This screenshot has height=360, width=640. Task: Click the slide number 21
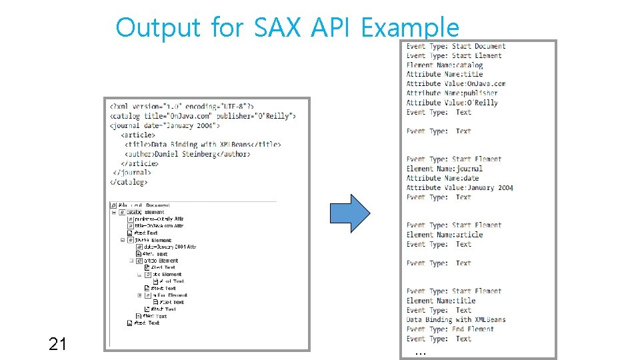click(x=57, y=344)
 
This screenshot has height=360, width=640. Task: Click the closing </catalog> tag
click(x=129, y=181)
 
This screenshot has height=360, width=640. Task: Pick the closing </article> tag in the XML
click(x=140, y=163)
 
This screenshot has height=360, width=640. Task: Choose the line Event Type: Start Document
click(x=456, y=47)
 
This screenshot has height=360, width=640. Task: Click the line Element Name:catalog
click(x=445, y=65)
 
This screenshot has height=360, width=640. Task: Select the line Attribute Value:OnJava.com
click(x=456, y=84)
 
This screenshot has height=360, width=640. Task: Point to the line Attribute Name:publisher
click(x=452, y=93)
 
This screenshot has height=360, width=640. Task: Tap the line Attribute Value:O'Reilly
click(x=452, y=103)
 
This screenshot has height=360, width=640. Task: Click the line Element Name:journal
click(x=445, y=169)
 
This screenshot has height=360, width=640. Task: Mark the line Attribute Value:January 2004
click(x=460, y=188)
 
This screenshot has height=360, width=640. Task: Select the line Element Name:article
click(x=445, y=235)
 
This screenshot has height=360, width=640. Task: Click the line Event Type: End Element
click(x=450, y=329)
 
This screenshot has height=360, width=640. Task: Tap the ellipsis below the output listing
click(x=419, y=351)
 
